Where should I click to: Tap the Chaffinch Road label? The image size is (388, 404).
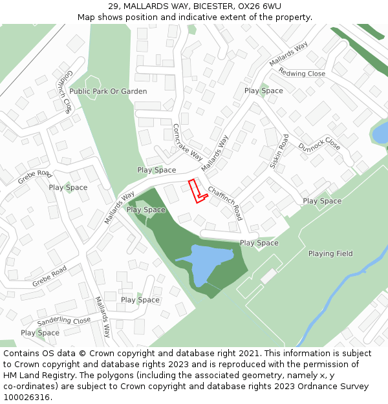224,203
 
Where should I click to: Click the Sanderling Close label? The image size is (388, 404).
64,321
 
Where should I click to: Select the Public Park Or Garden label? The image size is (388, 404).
108,92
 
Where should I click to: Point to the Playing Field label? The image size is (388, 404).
330,253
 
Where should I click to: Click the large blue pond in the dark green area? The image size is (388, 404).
204,262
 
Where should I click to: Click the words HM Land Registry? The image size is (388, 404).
38,375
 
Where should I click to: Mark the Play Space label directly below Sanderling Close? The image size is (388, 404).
40,333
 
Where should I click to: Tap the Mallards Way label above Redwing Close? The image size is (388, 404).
288,54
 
